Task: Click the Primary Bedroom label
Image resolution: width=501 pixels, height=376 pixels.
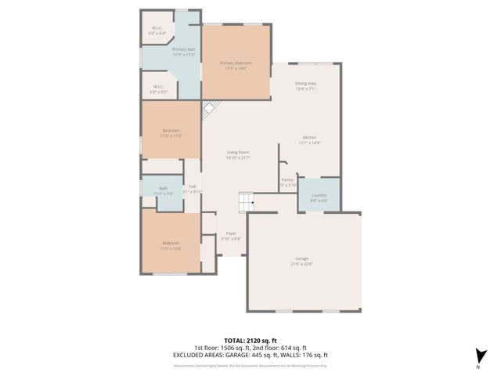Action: [x=236, y=63]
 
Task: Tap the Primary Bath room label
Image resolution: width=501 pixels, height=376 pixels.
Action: [x=184, y=49]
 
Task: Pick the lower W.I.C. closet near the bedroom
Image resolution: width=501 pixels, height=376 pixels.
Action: [x=158, y=87]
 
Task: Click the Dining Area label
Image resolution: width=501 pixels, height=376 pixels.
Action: [x=305, y=83]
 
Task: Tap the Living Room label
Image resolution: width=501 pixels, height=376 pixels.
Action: [x=238, y=152]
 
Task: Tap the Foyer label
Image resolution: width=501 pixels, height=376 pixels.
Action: [x=231, y=233]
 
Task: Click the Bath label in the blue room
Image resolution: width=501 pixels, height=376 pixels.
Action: [x=163, y=188]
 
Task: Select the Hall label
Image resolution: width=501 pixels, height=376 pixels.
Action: [x=192, y=186]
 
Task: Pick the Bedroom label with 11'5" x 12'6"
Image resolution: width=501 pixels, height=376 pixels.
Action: [x=171, y=243]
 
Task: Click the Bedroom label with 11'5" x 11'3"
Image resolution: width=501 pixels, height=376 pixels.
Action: [x=171, y=130]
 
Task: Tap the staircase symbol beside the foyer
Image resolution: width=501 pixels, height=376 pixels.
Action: [x=247, y=202]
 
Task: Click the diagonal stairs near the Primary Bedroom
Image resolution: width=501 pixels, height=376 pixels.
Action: [x=209, y=110]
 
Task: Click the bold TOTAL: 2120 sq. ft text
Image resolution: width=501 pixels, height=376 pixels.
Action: [x=250, y=342]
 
